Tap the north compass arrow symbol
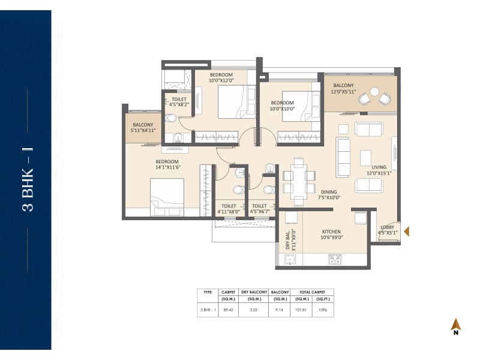pos(456,325)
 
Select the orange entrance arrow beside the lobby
pos(407,232)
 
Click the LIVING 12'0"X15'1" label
pos(379,171)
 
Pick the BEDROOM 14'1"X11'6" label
pos(167,165)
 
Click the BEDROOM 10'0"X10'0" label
pos(282,106)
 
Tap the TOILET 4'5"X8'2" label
pos(179,102)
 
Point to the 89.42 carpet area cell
pos(227,311)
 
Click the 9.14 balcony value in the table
pos(280,311)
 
